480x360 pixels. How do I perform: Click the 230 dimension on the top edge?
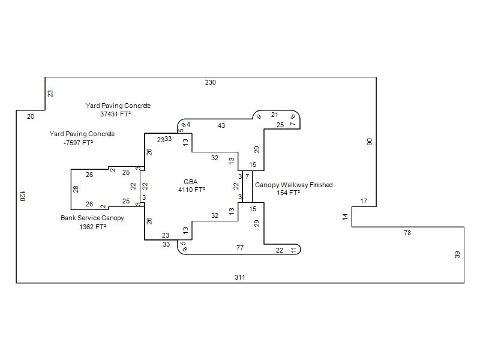tap(210, 82)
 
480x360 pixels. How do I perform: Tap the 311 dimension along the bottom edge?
tap(240, 277)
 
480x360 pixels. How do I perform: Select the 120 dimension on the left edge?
tap(22, 196)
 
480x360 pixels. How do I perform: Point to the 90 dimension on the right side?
tap(370, 142)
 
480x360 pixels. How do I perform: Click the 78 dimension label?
tap(407, 232)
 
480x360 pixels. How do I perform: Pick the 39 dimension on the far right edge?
tap(458, 254)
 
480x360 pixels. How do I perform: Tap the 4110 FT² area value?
tap(191, 190)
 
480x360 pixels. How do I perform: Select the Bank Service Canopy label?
tap(92, 218)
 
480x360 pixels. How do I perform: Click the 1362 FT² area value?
tap(92, 227)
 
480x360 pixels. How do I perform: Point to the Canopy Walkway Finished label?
tap(293, 185)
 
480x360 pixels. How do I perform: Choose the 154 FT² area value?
tap(289, 193)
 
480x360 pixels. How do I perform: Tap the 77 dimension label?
tap(240, 248)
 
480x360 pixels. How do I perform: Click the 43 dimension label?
tap(221, 125)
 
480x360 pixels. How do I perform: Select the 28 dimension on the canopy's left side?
tap(76, 189)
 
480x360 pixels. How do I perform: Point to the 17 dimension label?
tap(364, 201)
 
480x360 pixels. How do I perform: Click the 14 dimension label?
tap(346, 217)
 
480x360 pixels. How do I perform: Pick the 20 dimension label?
tap(31, 116)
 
